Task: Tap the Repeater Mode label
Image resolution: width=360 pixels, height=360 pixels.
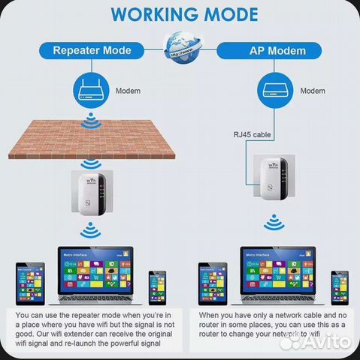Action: tap(91, 51)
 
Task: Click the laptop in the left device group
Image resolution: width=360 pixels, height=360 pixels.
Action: tap(98, 274)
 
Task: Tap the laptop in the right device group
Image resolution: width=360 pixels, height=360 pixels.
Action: tap(281, 274)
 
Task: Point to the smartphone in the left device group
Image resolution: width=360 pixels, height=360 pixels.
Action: tap(156, 287)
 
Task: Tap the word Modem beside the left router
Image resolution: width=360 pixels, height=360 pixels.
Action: tap(127, 91)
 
